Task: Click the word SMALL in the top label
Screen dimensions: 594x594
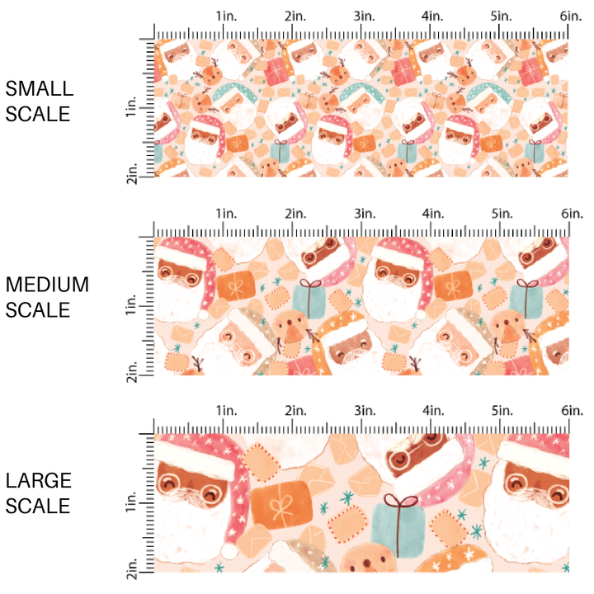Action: pyautogui.click(x=39, y=88)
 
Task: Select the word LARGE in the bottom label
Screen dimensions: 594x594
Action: pyautogui.click(x=39, y=481)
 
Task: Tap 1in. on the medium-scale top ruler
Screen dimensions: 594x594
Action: pyautogui.click(x=225, y=213)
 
